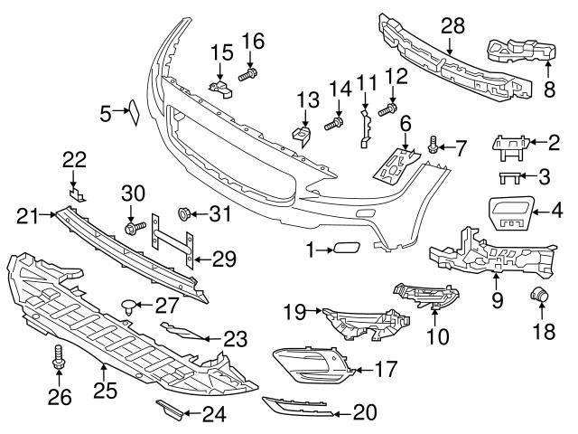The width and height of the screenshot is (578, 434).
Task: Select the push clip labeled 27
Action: point(131,306)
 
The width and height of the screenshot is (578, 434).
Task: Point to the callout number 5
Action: point(106,113)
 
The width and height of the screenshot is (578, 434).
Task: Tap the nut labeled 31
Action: point(187,214)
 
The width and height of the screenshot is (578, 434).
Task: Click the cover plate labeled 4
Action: point(512,212)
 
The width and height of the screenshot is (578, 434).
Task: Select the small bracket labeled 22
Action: point(79,192)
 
